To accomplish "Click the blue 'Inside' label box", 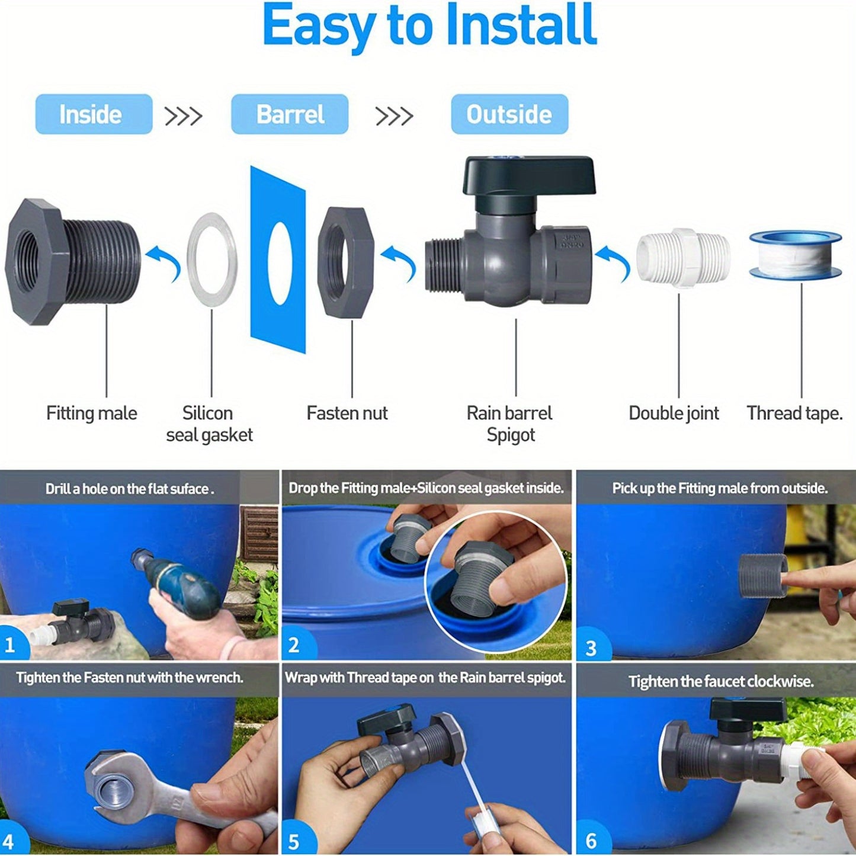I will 94,114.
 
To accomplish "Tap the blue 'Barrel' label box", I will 290,114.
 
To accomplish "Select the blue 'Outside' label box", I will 509,114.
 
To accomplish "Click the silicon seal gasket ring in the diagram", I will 212,259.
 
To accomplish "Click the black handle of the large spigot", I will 528,176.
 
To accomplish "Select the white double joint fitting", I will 683,258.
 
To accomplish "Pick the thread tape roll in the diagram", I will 795,255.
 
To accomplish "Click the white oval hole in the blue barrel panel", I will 280,263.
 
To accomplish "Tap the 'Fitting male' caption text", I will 92,413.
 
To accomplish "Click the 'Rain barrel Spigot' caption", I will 509,424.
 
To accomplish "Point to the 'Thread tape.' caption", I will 794,413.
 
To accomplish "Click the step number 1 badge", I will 11,645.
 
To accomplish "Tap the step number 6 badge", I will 591,841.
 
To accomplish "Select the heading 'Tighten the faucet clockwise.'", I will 721,681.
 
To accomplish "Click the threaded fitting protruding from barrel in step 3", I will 762,575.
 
